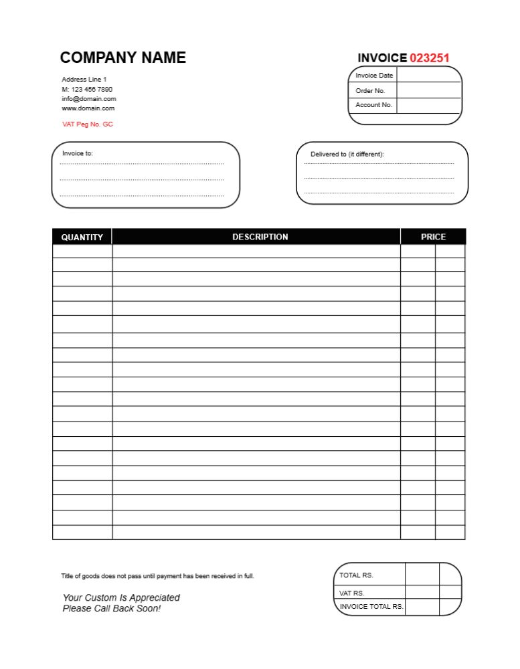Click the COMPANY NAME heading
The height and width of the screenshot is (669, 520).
point(123,58)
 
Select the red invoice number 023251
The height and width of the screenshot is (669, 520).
point(429,58)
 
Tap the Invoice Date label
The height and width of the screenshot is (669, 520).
point(374,76)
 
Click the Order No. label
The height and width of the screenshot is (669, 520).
point(370,91)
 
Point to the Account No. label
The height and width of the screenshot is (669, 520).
point(373,105)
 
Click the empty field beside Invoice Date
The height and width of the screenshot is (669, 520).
point(429,75)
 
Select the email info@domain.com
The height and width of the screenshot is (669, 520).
point(89,98)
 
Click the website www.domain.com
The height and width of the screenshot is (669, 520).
point(88,108)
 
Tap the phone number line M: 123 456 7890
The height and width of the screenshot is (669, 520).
point(87,89)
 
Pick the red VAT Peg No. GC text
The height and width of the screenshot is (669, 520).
point(88,124)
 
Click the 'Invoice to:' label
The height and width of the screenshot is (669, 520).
point(78,153)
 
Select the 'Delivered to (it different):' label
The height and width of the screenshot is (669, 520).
point(347,155)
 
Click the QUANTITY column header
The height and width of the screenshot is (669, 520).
point(82,237)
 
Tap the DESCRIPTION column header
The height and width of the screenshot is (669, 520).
point(260,237)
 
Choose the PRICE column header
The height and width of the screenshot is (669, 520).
point(433,237)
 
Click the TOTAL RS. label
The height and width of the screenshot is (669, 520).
point(356,575)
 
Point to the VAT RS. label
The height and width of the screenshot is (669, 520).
point(352,593)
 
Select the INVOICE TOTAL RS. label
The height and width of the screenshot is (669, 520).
point(371,607)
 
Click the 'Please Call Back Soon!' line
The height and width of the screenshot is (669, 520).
point(111,609)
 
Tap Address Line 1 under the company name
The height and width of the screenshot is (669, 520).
point(84,80)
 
